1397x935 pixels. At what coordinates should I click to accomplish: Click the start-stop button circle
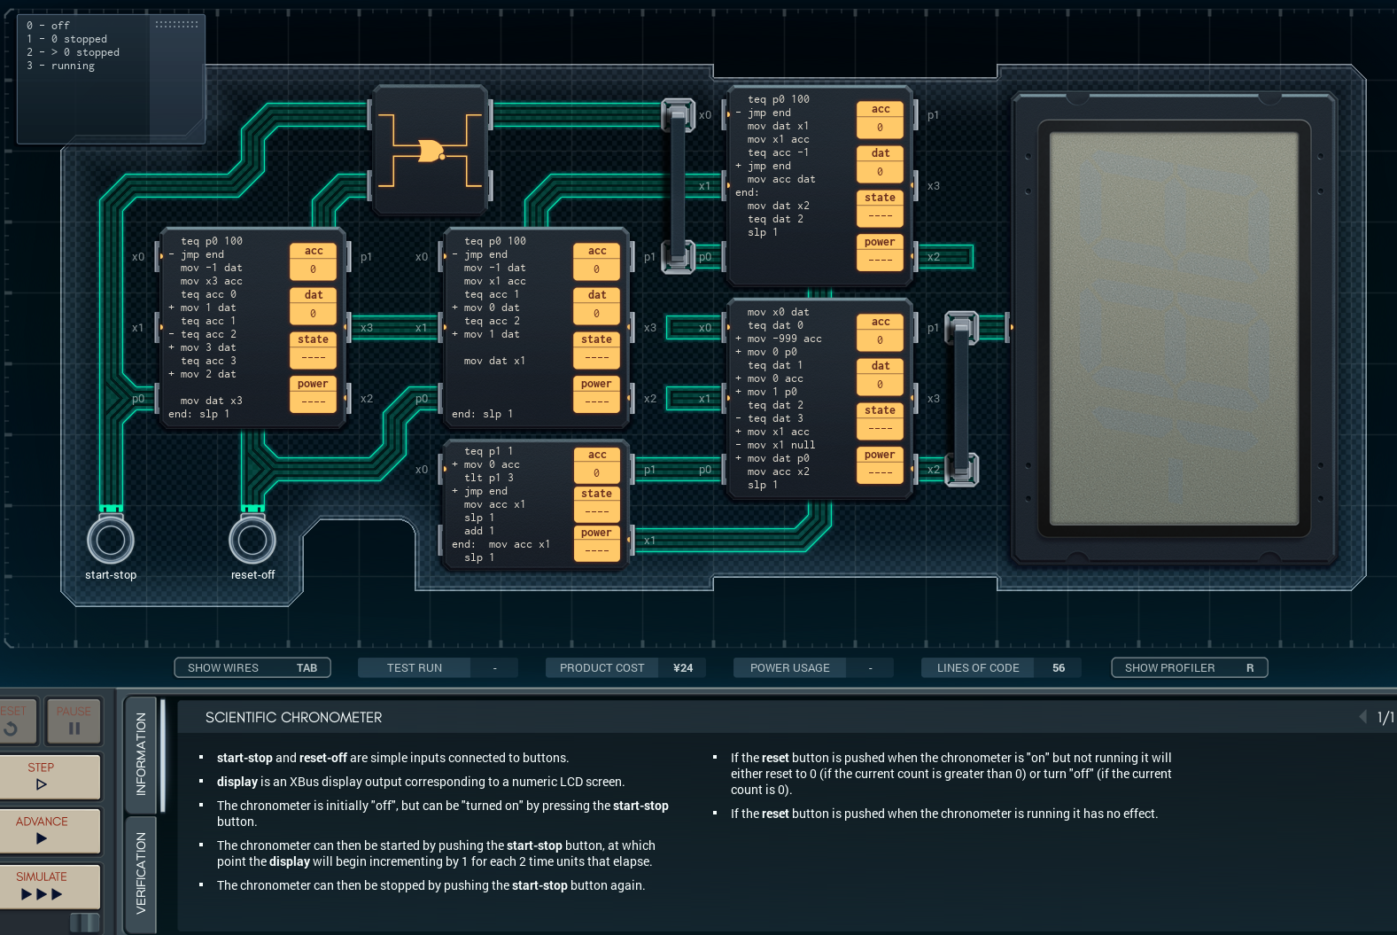click(111, 540)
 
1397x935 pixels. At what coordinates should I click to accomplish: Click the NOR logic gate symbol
click(431, 151)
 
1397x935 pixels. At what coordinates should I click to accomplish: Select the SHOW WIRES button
click(252, 667)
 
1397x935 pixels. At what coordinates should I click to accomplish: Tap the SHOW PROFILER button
click(1190, 667)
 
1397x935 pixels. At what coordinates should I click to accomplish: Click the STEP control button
click(50, 776)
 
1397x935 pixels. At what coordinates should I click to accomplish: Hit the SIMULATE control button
click(50, 885)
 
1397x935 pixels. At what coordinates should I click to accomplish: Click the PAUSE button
click(74, 721)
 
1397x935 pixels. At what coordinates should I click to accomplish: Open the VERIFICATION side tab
click(141, 873)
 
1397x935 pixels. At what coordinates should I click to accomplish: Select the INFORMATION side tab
click(141, 753)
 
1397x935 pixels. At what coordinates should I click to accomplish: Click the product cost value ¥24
click(683, 667)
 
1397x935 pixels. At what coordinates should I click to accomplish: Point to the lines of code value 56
click(1059, 667)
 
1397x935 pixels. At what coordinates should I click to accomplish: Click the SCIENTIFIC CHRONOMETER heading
click(294, 717)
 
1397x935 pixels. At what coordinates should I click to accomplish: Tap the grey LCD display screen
click(1174, 328)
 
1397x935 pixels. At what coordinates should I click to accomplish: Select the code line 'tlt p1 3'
click(488, 478)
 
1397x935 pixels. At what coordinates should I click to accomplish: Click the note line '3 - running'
click(60, 66)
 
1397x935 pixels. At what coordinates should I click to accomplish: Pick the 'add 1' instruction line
click(479, 531)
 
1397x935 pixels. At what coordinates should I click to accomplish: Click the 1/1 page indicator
click(1385, 717)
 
